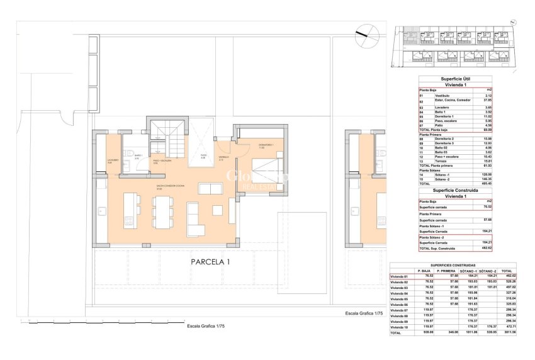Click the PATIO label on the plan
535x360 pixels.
203,156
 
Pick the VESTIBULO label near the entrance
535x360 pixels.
223,157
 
